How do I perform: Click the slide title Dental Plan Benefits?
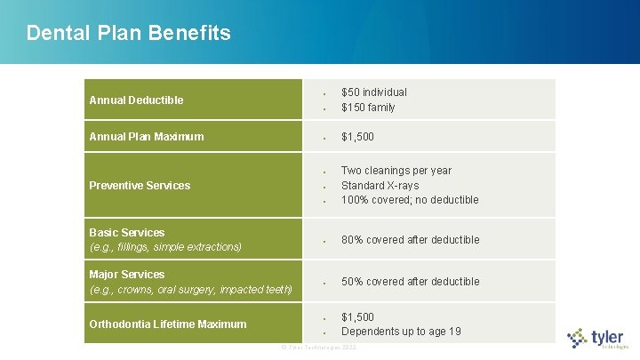click(x=128, y=34)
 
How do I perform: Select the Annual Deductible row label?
click(x=136, y=100)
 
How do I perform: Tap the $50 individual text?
click(x=374, y=92)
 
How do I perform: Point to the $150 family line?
click(x=368, y=108)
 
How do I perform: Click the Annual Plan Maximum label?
click(x=147, y=137)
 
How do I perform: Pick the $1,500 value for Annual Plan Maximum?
click(x=357, y=137)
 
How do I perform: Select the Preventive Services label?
click(x=140, y=186)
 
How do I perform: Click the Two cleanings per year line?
click(x=396, y=171)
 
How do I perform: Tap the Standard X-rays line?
click(x=380, y=186)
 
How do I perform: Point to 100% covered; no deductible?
click(x=410, y=200)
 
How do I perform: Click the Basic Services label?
click(x=127, y=233)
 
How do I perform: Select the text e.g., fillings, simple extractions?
click(x=165, y=247)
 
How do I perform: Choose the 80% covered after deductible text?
click(x=410, y=240)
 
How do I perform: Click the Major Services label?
click(x=127, y=275)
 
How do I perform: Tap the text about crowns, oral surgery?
click(x=190, y=290)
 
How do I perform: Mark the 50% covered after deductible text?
click(x=410, y=282)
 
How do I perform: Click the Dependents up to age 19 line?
click(x=401, y=332)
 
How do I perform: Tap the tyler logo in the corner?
click(x=598, y=338)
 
